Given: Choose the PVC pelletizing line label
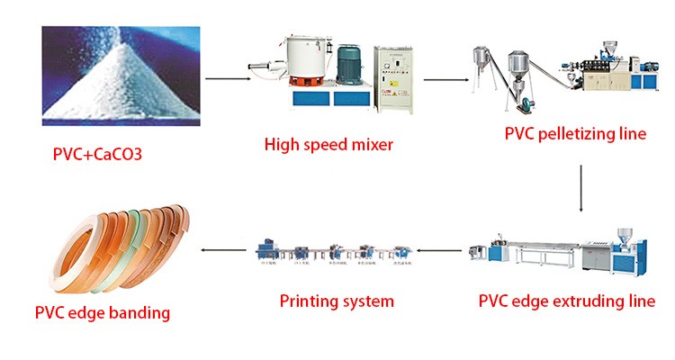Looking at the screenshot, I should coord(575,134).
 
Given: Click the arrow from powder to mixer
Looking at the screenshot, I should coord(226,80).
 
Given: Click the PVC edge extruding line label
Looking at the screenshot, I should coord(567,301).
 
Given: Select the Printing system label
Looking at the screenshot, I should coord(337,300).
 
